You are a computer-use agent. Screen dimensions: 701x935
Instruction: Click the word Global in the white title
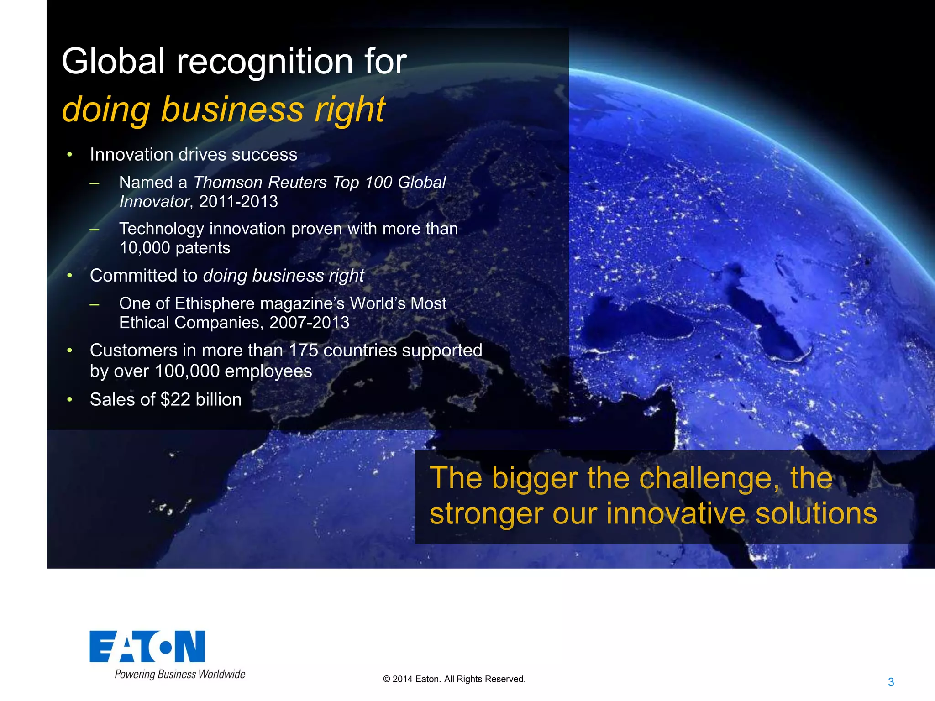coord(113,61)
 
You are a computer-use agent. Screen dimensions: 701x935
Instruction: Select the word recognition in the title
coord(264,62)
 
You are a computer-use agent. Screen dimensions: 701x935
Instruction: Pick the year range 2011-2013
coord(238,202)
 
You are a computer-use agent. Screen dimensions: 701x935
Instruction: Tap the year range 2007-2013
coord(309,323)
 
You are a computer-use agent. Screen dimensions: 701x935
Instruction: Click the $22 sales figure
coord(175,400)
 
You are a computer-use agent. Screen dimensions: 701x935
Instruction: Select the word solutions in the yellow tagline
coord(816,513)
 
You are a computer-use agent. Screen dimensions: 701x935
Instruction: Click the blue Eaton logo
coord(147,646)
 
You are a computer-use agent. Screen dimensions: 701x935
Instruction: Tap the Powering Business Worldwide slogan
coord(180,674)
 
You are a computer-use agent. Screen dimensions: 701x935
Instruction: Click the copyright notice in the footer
coord(454,679)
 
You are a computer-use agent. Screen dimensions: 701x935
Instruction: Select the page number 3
coord(891,682)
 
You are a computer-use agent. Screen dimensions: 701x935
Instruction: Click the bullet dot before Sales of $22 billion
coord(70,400)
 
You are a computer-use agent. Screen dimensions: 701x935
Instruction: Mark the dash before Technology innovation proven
coord(95,229)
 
